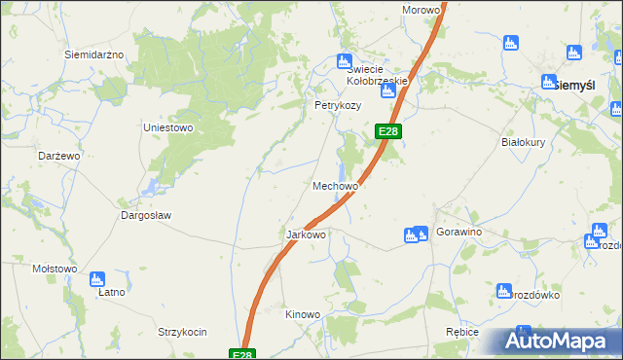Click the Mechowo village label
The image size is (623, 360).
pos(336,185)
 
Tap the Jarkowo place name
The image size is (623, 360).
pos(306,234)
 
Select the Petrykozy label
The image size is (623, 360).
pos(337,105)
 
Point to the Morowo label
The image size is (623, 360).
pos(421,10)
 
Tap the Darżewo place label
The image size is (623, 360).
pos(58,156)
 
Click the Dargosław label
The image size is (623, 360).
pos(145,215)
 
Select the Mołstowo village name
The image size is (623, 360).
pos(55,269)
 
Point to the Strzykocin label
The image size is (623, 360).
pos(182,332)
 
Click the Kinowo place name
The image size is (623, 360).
pos(302,314)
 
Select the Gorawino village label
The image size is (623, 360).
pos(459,234)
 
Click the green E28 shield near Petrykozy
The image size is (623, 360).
pos(387,131)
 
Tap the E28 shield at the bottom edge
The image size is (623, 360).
pos(243,355)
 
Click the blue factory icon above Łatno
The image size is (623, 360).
pos(96,280)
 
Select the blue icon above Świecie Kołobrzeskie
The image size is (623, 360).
pos(342,59)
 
